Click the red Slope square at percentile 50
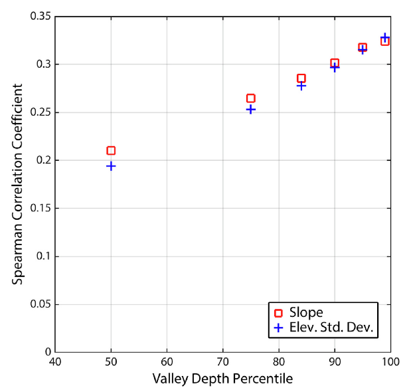(x=111, y=151)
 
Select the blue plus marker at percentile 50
(x=111, y=166)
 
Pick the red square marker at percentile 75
(x=250, y=98)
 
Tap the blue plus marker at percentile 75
(x=250, y=109)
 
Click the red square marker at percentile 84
(x=301, y=78)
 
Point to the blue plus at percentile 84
(x=301, y=86)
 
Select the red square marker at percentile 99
(x=384, y=41)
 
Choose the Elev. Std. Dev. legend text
(x=327, y=327)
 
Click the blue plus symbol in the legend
(x=277, y=327)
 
